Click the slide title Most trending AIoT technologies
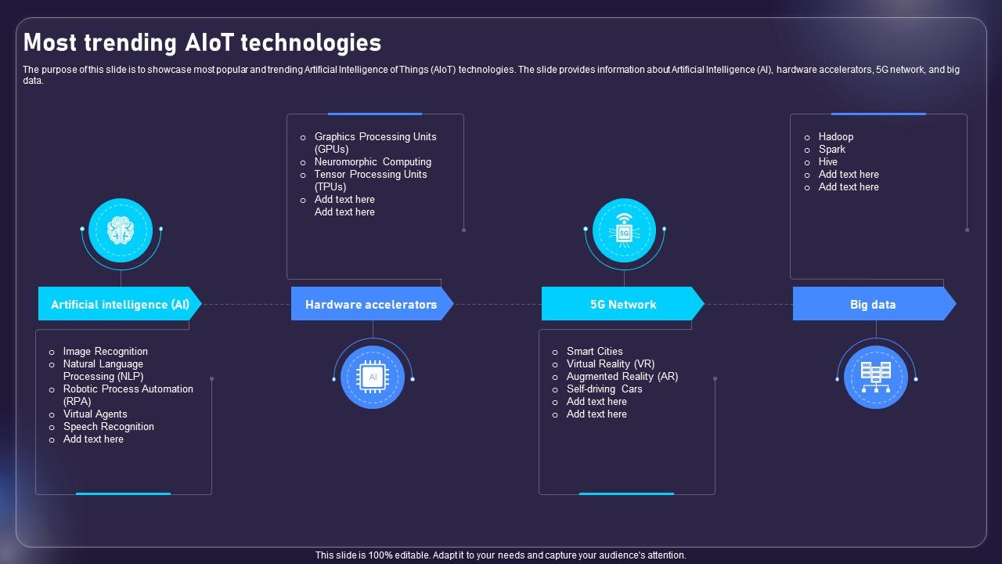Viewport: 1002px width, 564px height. (203, 42)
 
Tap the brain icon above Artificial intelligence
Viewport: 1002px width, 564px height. (121, 230)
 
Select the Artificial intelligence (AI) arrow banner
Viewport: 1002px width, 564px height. (120, 304)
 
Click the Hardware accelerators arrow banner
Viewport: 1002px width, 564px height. (371, 304)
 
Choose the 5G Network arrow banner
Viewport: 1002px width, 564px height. (623, 304)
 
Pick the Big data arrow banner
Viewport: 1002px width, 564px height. (873, 304)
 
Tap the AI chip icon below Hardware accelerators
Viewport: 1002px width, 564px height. (373, 378)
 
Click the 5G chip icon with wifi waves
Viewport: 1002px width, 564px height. (624, 230)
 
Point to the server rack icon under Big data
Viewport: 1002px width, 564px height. (876, 378)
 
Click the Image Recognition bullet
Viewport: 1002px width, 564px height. (105, 352)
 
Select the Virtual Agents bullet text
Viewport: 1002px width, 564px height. (95, 414)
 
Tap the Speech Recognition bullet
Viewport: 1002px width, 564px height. (108, 427)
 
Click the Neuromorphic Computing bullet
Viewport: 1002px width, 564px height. (373, 162)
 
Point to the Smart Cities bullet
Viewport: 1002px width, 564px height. (594, 352)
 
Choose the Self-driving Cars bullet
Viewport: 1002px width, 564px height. (604, 389)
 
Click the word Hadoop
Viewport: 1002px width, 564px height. (836, 137)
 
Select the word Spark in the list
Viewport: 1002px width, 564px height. (832, 150)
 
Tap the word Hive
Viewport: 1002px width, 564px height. (828, 162)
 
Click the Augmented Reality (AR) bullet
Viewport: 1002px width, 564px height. (622, 377)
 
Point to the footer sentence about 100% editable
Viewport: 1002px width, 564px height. (501, 555)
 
